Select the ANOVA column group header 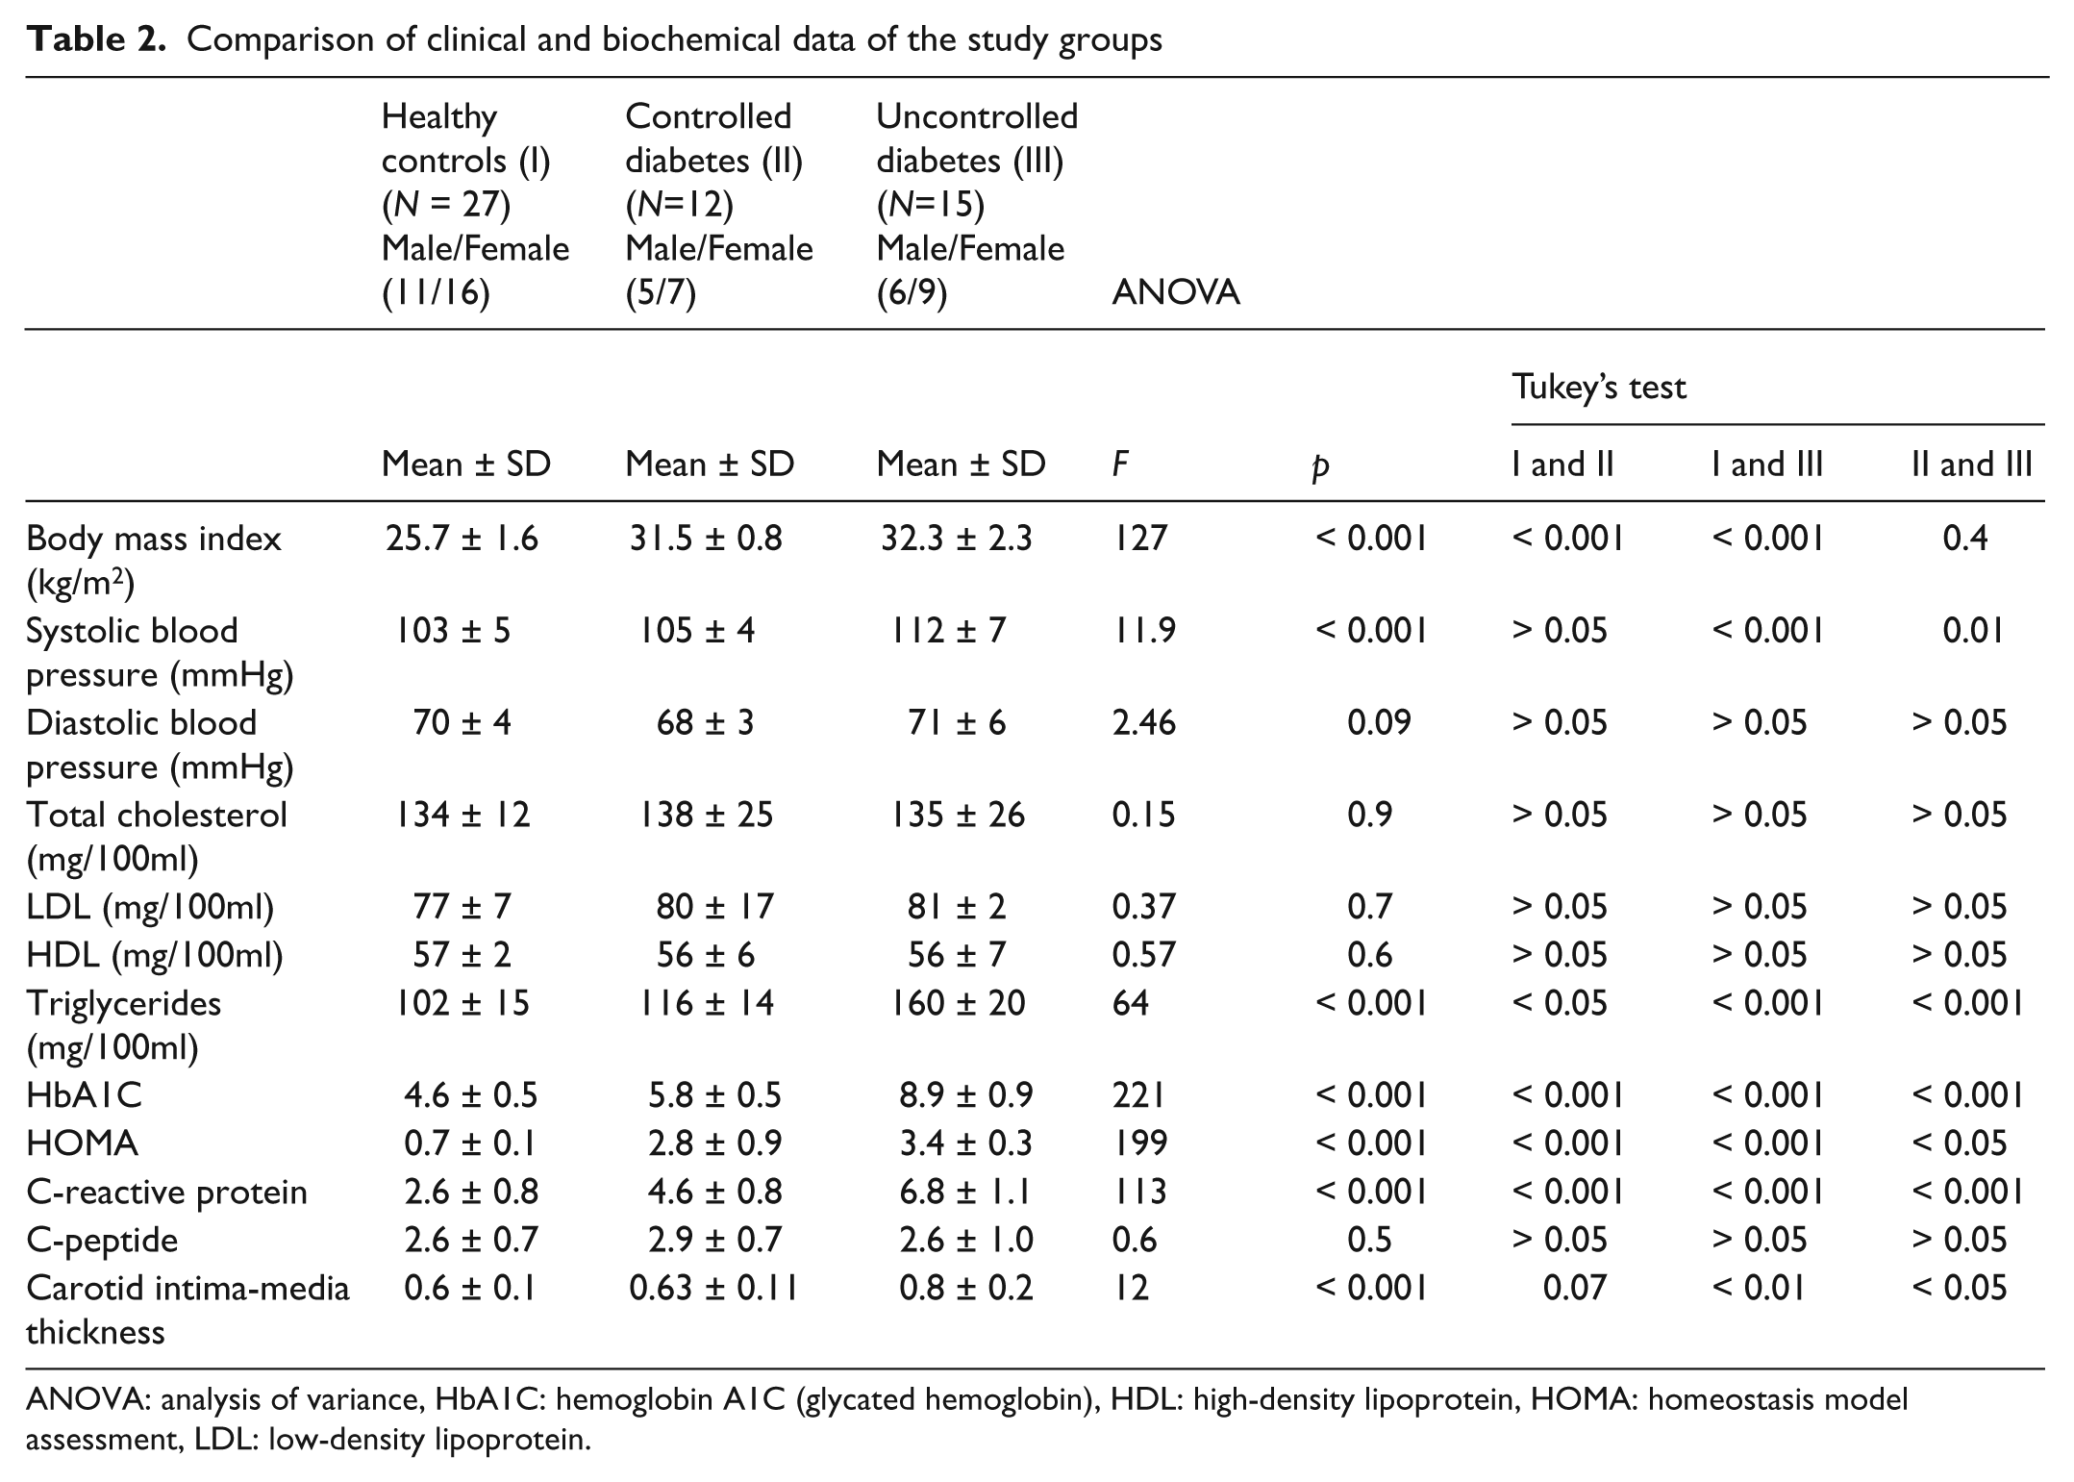1175,292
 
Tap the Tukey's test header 1599,387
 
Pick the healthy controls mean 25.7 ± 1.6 462,538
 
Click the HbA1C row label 84,1095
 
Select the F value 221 1138,1095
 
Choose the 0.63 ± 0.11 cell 713,1288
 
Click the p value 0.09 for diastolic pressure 1379,723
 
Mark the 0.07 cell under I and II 1575,1288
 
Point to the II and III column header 1971,465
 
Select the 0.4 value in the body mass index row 1965,538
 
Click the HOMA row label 82,1143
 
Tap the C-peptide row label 102,1240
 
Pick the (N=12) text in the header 679,205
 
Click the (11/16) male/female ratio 436,292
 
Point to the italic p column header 1321,467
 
